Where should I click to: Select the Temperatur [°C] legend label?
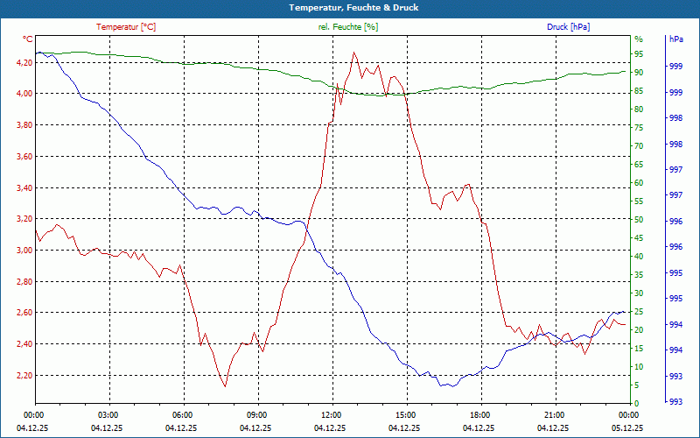click(126, 27)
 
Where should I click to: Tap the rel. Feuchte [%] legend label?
click(348, 27)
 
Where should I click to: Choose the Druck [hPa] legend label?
click(568, 27)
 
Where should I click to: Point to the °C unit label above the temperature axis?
click(28, 39)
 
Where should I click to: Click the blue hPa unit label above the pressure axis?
click(675, 39)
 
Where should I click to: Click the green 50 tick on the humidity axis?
click(639, 220)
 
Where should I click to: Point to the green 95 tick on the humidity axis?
click(639, 54)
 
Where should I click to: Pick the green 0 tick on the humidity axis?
click(637, 404)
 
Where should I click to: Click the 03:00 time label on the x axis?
click(108, 414)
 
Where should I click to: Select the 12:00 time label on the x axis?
click(332, 414)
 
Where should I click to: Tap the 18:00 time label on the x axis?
click(480, 414)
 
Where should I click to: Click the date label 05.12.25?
click(628, 428)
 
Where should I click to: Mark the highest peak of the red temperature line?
click(354, 53)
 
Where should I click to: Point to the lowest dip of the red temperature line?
click(225, 386)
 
